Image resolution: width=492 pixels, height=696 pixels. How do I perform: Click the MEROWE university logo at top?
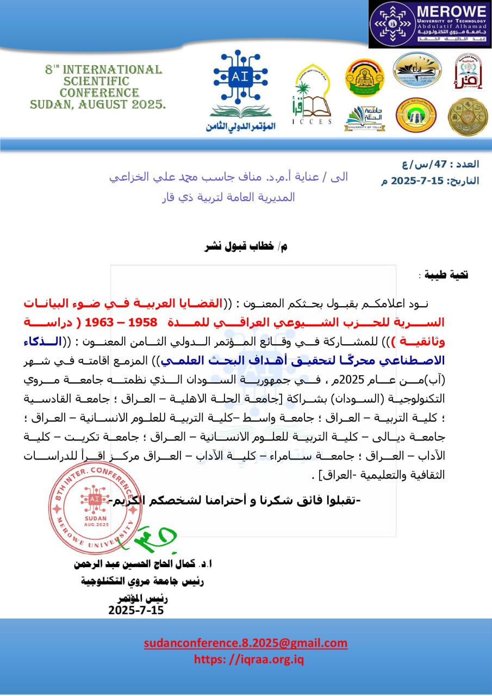[x=429, y=24]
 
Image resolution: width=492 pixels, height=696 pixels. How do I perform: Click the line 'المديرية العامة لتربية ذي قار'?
[x=229, y=197]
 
